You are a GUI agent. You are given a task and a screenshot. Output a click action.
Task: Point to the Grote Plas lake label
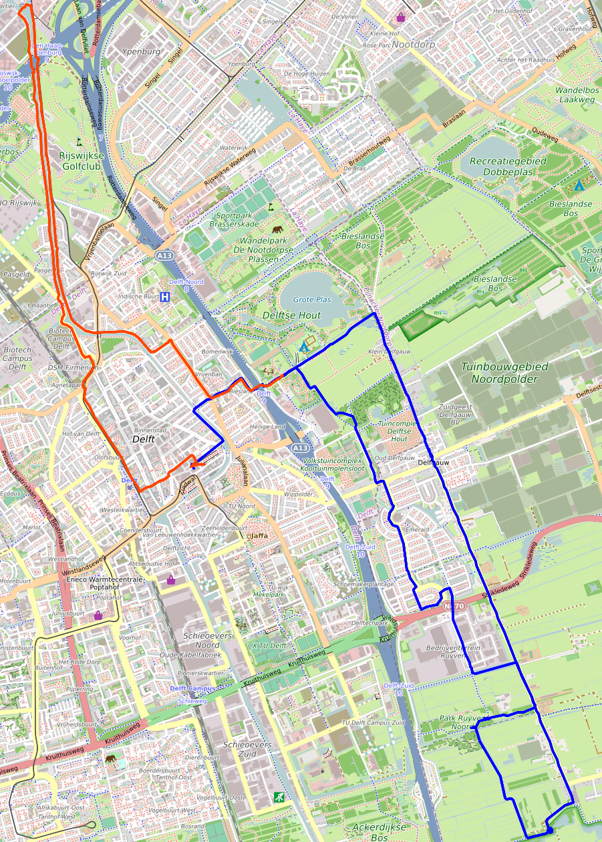[x=312, y=300]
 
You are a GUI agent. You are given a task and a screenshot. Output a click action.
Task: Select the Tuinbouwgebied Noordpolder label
[x=504, y=372]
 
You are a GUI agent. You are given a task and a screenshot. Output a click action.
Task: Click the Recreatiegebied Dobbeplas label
[x=507, y=167]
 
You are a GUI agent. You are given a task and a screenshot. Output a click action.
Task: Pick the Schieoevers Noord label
[x=208, y=640]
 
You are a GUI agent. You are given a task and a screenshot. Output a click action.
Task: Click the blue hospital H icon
[x=164, y=296]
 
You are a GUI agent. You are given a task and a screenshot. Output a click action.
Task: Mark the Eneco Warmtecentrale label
[x=104, y=579]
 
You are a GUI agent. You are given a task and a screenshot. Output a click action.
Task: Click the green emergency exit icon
[x=277, y=797]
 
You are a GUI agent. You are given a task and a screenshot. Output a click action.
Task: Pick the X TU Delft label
[x=269, y=646]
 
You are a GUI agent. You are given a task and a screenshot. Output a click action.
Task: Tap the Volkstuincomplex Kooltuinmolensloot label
[x=332, y=465]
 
